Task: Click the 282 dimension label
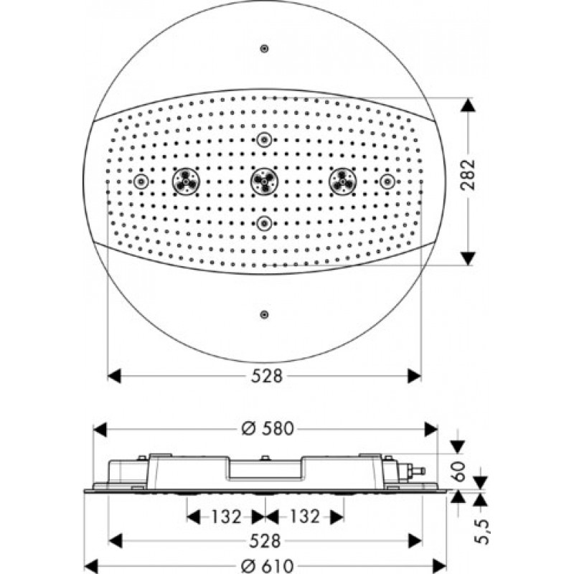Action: coord(469,174)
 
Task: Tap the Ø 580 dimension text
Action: coord(268,428)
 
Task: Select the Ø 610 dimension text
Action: coord(268,566)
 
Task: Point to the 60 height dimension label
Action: coord(458,471)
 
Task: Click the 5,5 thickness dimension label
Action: coord(481,531)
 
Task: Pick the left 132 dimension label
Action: coord(226,517)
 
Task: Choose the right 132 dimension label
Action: coord(304,517)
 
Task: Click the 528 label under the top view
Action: coord(267,376)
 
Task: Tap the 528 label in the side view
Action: coord(265,541)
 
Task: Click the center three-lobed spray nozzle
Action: coord(264,182)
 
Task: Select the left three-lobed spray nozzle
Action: coord(186,182)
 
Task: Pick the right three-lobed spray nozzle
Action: coord(343,182)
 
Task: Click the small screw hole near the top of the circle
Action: coord(264,48)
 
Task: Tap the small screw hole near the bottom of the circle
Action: coord(264,314)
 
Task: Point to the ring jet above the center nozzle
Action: coord(264,139)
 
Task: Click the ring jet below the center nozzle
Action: coord(264,223)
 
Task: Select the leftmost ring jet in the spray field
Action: coord(141,182)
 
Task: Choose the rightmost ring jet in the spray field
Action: coord(387,182)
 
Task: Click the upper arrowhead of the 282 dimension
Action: coord(468,105)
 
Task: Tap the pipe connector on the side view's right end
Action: coord(412,470)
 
